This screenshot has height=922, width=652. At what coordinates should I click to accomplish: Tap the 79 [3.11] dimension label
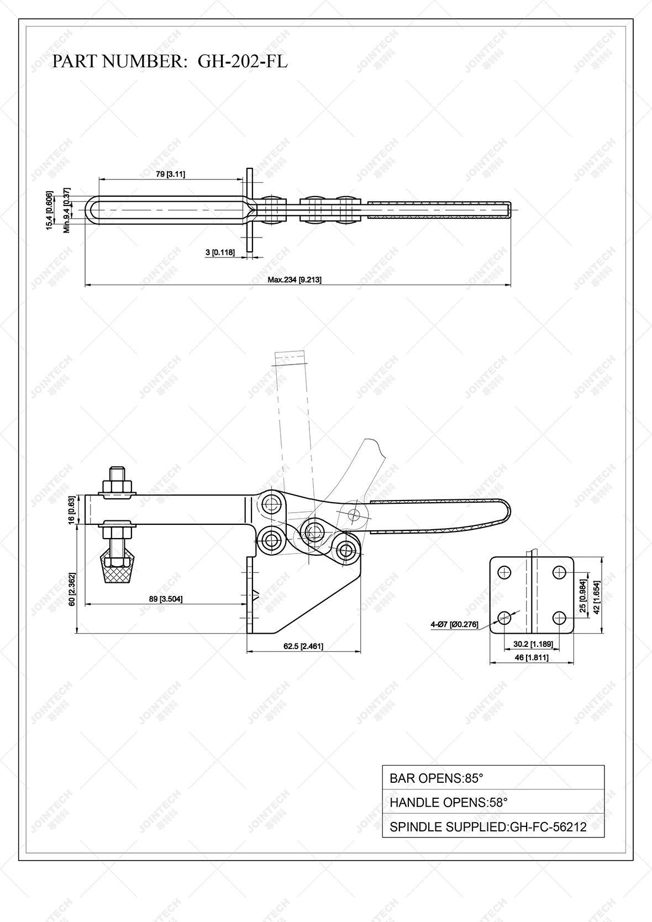tap(170, 174)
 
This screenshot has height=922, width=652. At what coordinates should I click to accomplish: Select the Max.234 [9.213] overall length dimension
tap(295, 280)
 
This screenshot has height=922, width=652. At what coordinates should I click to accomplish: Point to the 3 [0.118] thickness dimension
tap(220, 252)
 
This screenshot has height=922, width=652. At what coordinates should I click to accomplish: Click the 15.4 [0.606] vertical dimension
tap(50, 210)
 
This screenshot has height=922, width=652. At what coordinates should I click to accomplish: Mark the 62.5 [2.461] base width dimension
tap(303, 646)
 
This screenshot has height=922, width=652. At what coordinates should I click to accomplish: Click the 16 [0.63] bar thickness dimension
tap(72, 510)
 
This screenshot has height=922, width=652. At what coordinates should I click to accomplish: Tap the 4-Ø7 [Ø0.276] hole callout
tap(454, 624)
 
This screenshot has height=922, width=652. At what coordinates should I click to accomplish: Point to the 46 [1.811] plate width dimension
tap(531, 657)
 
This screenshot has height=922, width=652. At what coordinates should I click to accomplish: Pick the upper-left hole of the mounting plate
tap(504, 572)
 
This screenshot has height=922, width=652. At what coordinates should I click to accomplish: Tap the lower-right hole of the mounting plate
tap(559, 617)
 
